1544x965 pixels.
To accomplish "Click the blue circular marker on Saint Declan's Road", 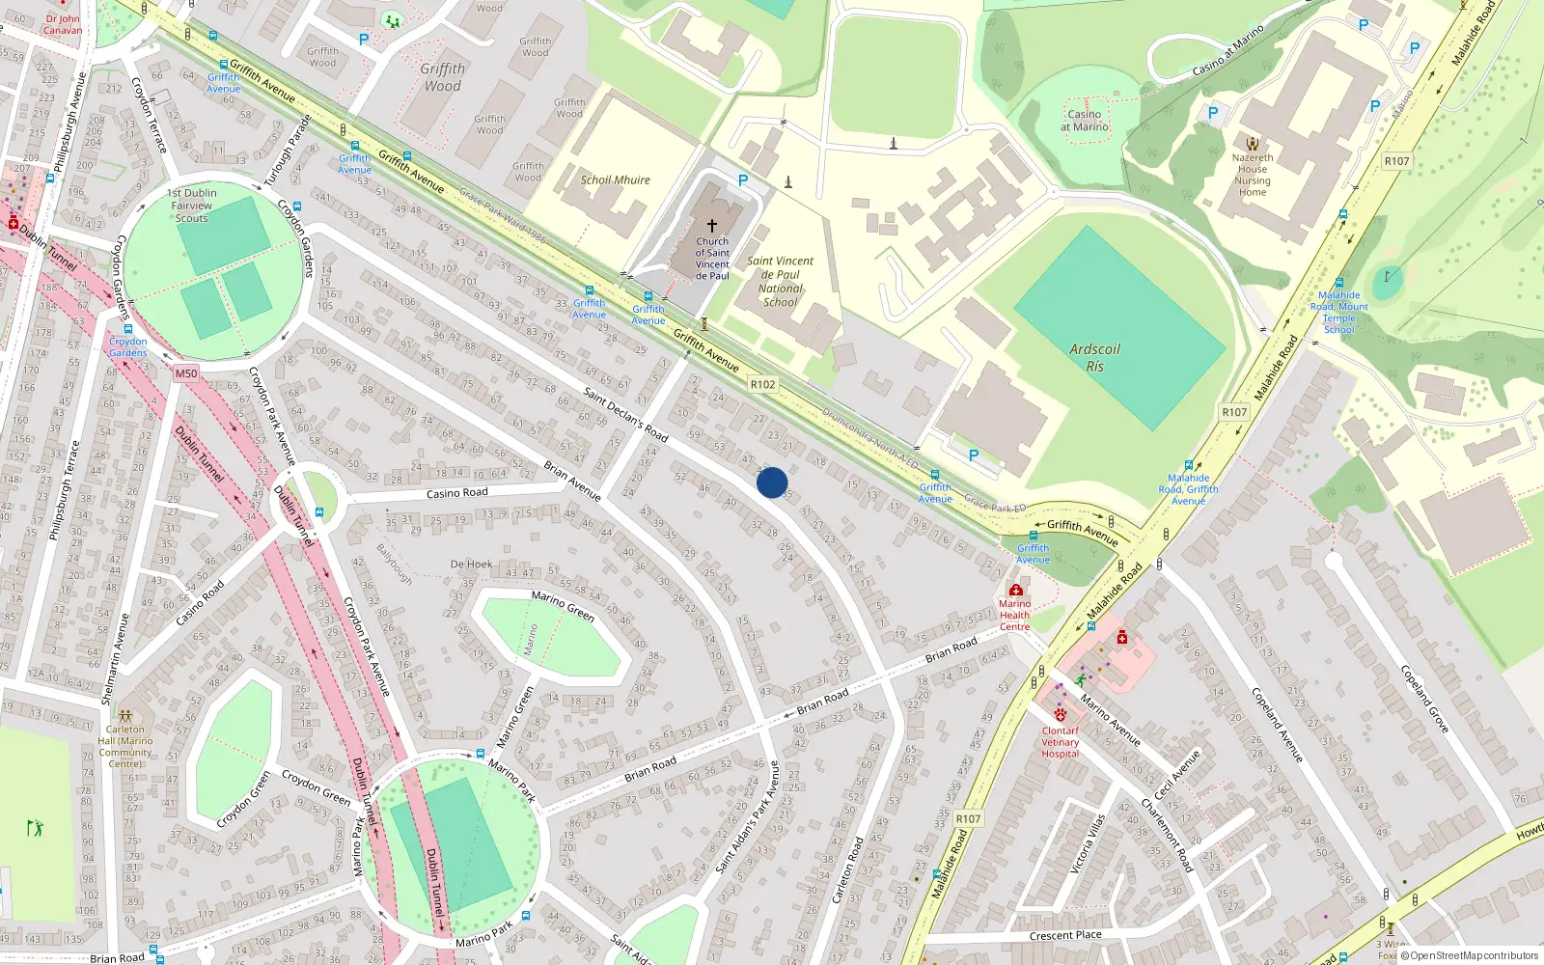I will point(772,482).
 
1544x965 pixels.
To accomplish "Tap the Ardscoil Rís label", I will point(1094,358).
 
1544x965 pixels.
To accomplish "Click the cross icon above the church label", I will point(712,225).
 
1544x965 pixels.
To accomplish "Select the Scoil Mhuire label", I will point(615,180).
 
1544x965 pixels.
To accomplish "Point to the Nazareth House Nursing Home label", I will point(1253,175).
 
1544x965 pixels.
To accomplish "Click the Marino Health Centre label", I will point(1014,615).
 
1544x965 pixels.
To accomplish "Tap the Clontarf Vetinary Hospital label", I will point(1060,742).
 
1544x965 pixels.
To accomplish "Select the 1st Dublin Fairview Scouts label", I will point(192,206).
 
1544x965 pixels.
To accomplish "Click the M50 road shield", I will point(186,373).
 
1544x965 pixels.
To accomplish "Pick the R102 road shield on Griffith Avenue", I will point(762,384).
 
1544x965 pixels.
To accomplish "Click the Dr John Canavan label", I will point(63,24).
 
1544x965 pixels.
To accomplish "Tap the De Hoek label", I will point(471,565).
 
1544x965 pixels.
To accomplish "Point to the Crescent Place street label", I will point(1065,935).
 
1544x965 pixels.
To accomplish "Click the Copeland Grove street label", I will point(1424,699).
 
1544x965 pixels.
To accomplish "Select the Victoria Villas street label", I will point(1088,843).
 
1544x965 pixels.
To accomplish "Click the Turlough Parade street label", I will point(288,152).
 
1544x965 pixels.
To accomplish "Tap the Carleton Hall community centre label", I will point(125,747).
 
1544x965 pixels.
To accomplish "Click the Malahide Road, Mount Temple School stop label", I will point(1339,313).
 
